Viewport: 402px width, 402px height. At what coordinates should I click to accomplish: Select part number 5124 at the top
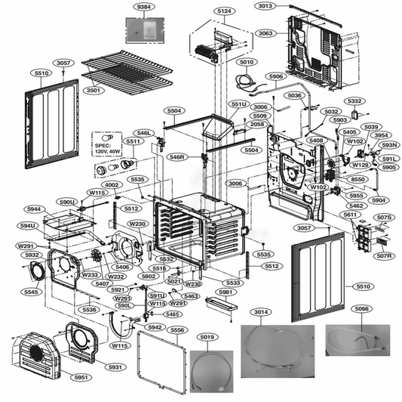pyautogui.click(x=224, y=11)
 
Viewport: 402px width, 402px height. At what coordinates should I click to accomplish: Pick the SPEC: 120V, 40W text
pyautogui.click(x=109, y=147)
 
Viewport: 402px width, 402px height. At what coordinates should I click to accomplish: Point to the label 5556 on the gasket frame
pyautogui.click(x=177, y=329)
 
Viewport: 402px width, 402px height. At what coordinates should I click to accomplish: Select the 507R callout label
pyautogui.click(x=385, y=257)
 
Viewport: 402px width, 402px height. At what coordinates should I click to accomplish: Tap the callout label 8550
pyautogui.click(x=358, y=179)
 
